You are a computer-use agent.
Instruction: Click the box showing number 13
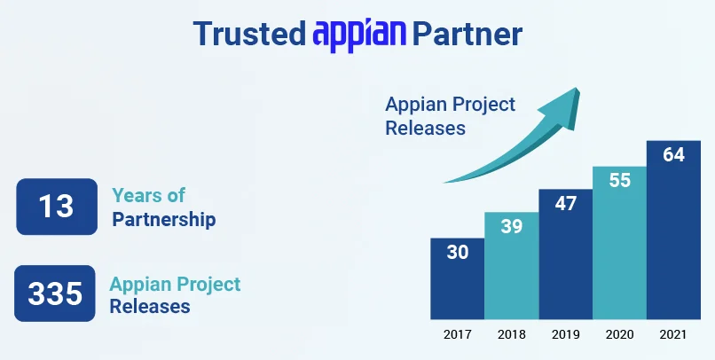point(56,207)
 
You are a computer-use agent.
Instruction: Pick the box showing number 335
point(55,293)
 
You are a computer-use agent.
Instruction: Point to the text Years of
point(148,196)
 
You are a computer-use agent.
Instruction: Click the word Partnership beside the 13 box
point(164,219)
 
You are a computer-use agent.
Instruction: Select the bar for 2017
point(457,278)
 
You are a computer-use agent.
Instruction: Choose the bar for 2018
point(511,265)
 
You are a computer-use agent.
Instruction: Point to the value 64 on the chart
point(673,154)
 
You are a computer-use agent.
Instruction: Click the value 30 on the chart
point(457,252)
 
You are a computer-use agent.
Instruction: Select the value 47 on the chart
point(565,203)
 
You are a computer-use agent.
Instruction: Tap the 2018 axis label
point(511,334)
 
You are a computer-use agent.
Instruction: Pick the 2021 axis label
point(673,334)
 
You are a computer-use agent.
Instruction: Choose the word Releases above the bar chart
point(425,127)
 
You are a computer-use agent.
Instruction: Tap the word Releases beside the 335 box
point(150,307)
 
